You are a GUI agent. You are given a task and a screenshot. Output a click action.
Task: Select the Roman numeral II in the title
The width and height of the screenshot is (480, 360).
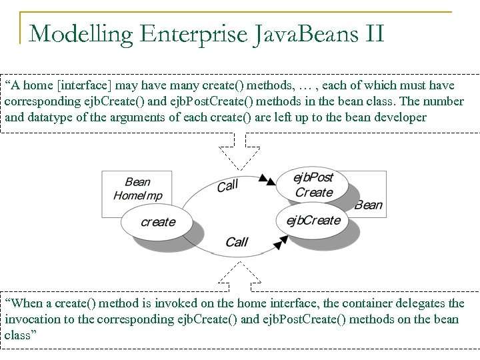(x=368, y=32)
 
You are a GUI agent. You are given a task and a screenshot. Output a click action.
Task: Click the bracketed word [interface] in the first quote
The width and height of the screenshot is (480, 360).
(x=72, y=86)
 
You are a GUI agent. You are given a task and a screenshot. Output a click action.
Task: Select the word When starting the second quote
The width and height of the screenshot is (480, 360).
(x=27, y=304)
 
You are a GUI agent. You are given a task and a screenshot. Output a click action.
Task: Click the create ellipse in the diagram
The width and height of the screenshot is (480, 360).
(x=158, y=222)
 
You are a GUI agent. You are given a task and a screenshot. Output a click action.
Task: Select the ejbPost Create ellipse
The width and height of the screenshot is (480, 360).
(x=313, y=185)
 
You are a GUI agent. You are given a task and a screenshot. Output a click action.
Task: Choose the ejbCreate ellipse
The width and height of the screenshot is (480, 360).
(x=313, y=221)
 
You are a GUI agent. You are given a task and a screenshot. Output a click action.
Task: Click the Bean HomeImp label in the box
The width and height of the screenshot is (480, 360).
(x=137, y=189)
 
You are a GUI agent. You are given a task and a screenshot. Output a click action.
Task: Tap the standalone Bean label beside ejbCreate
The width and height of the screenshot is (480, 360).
(x=368, y=205)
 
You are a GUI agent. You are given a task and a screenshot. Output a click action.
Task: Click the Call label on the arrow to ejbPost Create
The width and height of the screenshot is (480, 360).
(x=227, y=185)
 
